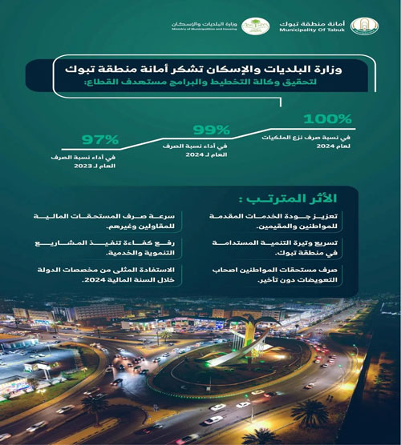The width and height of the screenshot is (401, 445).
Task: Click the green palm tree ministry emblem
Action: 257,26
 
